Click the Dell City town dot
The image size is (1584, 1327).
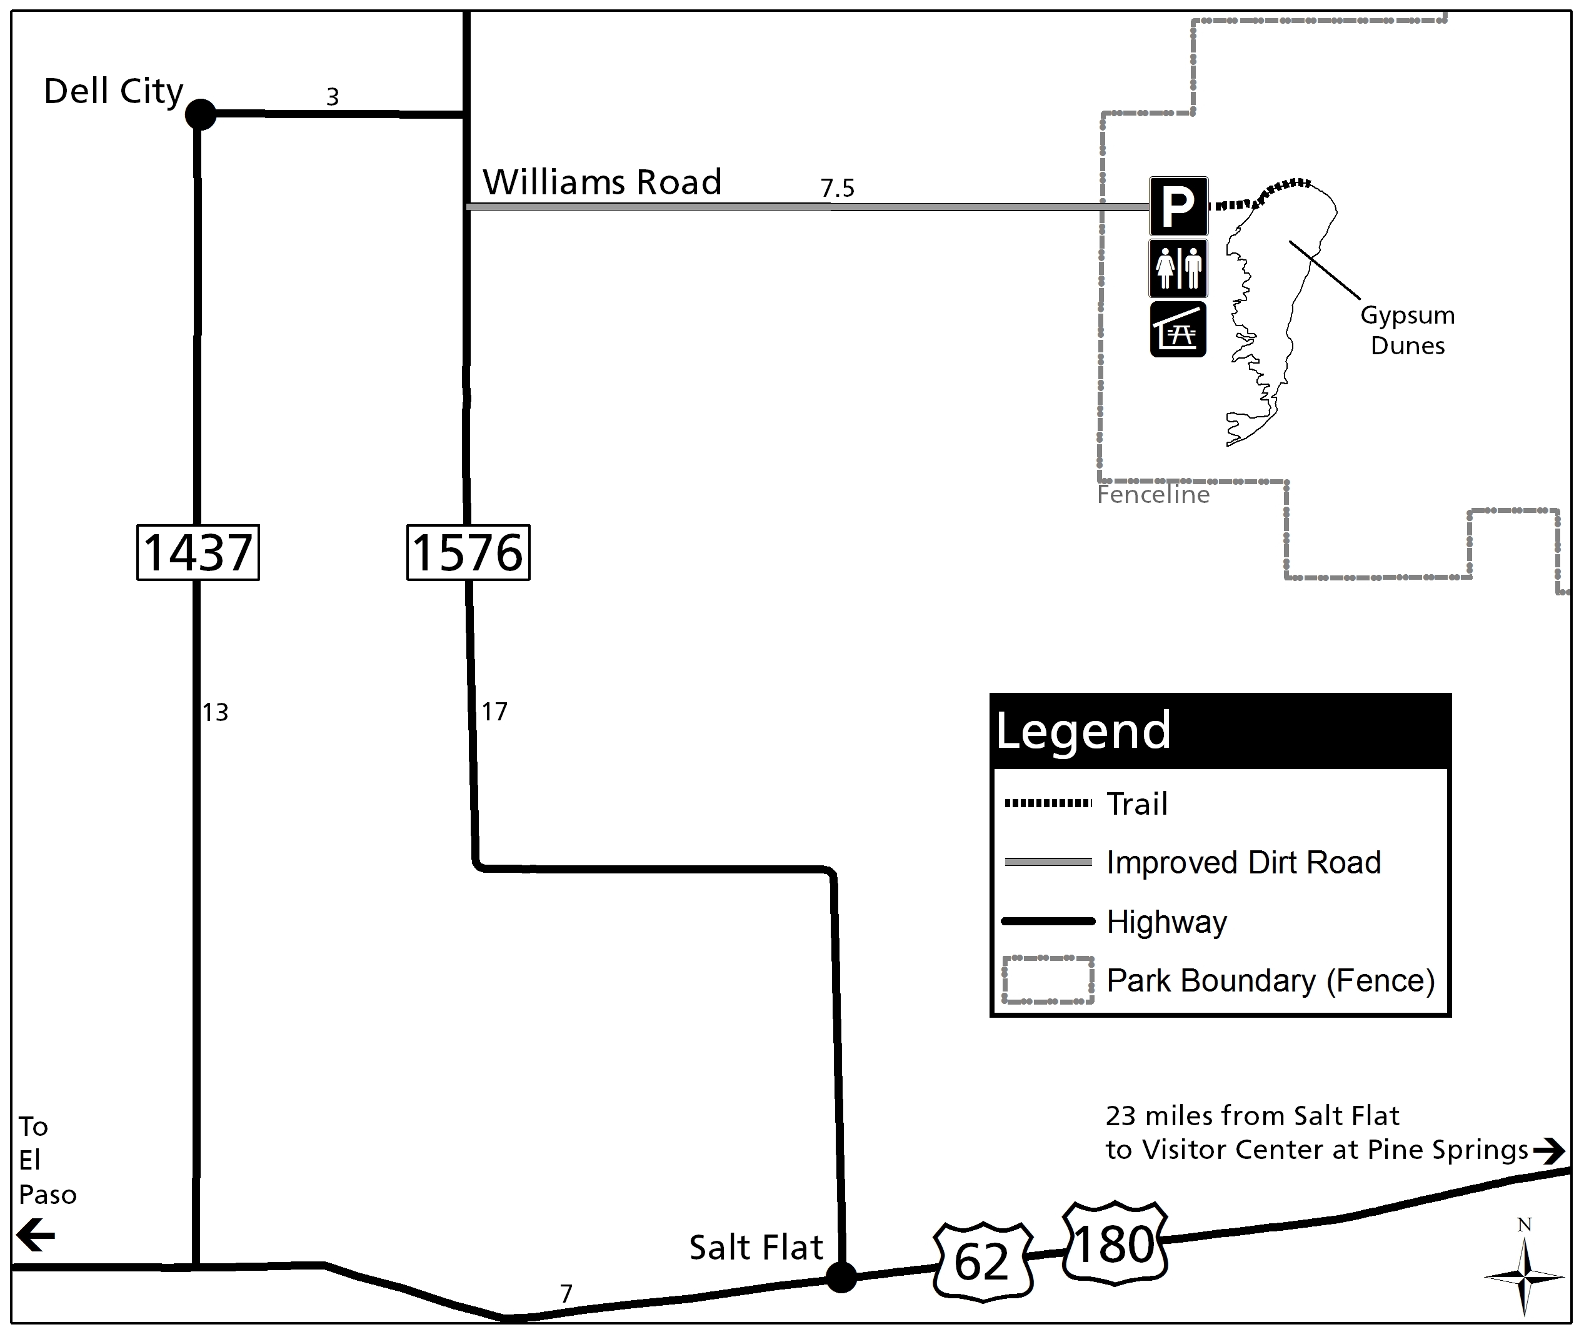tap(201, 114)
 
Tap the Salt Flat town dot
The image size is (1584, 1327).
tap(841, 1276)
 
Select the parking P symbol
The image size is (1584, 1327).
tap(1178, 206)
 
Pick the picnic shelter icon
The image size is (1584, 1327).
tap(1178, 329)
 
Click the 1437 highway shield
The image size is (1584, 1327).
tap(198, 553)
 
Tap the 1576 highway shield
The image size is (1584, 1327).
tap(468, 553)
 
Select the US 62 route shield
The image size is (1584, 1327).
tap(982, 1261)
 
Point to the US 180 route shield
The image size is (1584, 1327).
tap(1114, 1243)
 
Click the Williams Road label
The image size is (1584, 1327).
tap(602, 182)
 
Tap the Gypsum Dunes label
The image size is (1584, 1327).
tap(1408, 331)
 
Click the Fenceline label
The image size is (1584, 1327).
tap(1153, 495)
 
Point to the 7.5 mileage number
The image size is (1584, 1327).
tap(837, 187)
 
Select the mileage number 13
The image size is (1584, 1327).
tap(215, 712)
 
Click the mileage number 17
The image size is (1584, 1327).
tap(495, 712)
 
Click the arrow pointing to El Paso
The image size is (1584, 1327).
tap(36, 1236)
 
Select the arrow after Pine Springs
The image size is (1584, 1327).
tap(1548, 1151)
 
